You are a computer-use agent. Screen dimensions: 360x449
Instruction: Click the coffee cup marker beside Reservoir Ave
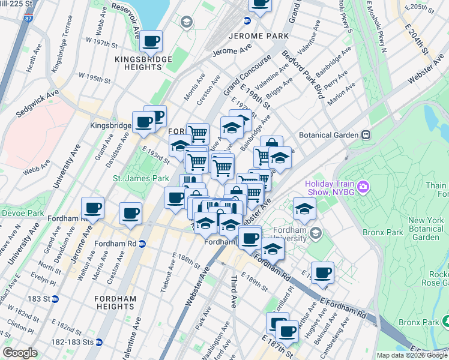tap(151, 41)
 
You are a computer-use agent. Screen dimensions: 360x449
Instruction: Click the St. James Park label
tap(141, 178)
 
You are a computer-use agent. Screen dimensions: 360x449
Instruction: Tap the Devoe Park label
tap(22, 213)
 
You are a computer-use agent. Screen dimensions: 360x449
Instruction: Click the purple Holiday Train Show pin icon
tap(363, 188)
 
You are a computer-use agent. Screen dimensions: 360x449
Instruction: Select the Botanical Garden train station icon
tap(364, 136)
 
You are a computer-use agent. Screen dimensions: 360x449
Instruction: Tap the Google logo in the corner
tap(20, 353)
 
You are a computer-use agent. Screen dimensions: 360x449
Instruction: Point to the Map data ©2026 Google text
tap(412, 355)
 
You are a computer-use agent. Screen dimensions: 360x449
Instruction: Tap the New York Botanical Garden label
tap(426, 229)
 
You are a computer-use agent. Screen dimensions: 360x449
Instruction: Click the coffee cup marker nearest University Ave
tap(92, 208)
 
